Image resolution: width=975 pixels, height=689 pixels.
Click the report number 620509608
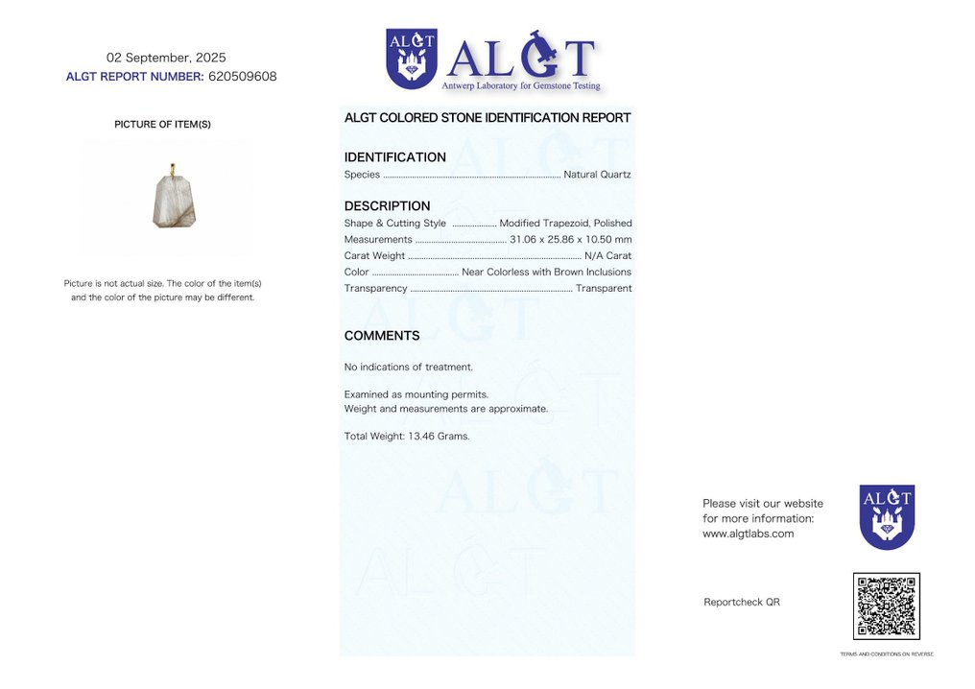pos(242,77)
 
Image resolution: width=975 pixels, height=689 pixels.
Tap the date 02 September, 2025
pos(166,58)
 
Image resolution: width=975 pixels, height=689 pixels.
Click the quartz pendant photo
pos(174,201)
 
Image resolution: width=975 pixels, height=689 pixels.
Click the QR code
pos(886,606)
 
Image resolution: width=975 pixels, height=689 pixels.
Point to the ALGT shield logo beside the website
pos(887,516)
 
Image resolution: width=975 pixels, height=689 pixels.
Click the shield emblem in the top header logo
pos(412,59)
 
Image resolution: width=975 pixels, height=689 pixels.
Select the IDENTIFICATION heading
pos(394,157)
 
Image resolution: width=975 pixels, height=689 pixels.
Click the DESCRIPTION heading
pos(387,206)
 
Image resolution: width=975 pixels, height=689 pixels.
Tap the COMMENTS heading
pos(382,336)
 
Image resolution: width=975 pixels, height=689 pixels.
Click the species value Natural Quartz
pos(597,175)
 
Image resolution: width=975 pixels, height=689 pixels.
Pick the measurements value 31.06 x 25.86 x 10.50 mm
pos(570,239)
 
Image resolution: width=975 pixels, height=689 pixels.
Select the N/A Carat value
pos(607,255)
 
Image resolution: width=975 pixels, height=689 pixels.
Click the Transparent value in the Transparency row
pos(603,288)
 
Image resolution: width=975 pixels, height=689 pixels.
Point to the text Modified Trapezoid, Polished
pos(565,224)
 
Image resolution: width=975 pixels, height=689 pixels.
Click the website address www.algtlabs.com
pos(748,534)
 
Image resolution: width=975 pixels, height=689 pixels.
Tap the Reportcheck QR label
pos(741,602)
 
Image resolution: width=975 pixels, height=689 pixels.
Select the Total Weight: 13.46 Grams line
pos(406,436)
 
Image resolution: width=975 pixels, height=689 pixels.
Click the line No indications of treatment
pos(408,367)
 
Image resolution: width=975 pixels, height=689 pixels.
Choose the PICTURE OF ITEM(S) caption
pos(162,125)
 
